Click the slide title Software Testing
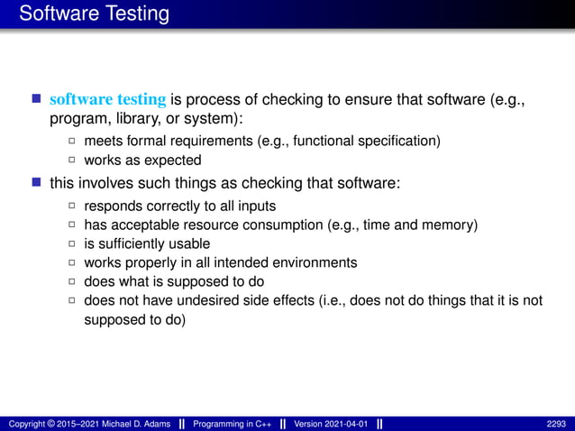(94, 14)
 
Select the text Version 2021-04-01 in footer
(331, 424)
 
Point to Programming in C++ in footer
(233, 424)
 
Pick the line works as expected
(141, 160)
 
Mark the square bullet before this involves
(37, 183)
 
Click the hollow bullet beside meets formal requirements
(72, 142)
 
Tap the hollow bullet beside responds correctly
(72, 206)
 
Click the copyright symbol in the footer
(52, 424)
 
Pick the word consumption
(298, 225)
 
